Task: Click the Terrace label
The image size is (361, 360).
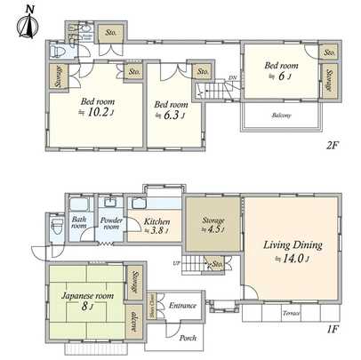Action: coord(291,314)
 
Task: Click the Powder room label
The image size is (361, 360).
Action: coord(110,222)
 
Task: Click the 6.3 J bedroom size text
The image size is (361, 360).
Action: coord(169,114)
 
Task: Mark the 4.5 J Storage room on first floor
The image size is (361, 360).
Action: coord(213,226)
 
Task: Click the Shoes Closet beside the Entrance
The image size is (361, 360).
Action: coord(152,305)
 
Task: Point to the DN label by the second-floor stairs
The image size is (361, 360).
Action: coord(232,78)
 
